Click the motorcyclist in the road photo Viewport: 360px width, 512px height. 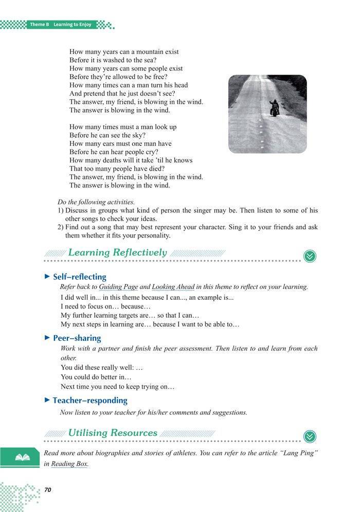275,107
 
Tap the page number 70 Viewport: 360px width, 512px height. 48,489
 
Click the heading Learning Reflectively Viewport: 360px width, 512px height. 117,252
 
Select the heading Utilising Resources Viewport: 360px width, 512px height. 113,432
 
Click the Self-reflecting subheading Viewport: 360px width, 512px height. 80,277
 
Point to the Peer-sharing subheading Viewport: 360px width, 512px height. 77,338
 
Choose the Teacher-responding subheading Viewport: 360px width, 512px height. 90,400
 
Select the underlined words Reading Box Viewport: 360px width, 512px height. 70,463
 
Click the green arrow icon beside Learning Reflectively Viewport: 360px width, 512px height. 310,255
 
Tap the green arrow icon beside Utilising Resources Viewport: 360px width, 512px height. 310,436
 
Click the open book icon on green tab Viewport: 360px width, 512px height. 22,456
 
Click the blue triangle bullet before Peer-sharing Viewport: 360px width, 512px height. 48,338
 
